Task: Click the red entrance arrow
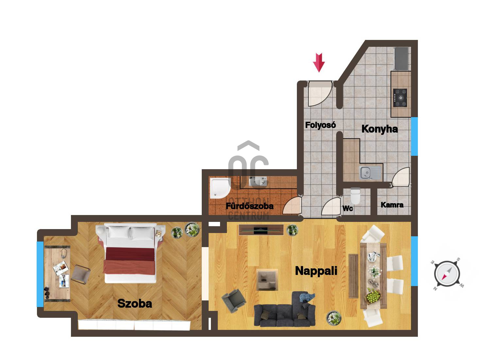(319, 63)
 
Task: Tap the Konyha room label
(379, 129)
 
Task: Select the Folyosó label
(320, 125)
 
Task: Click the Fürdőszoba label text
(249, 206)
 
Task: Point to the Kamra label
(392, 205)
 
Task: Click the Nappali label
(316, 271)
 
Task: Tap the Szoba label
(135, 303)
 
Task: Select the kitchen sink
(370, 172)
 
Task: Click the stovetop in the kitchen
(400, 98)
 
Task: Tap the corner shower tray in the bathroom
(220, 188)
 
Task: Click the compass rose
(447, 274)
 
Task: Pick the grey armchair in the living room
(234, 301)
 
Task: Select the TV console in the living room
(261, 230)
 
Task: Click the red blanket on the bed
(130, 261)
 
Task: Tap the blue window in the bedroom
(40, 274)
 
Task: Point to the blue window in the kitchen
(414, 136)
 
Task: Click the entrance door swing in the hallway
(320, 94)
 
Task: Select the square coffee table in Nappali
(267, 279)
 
